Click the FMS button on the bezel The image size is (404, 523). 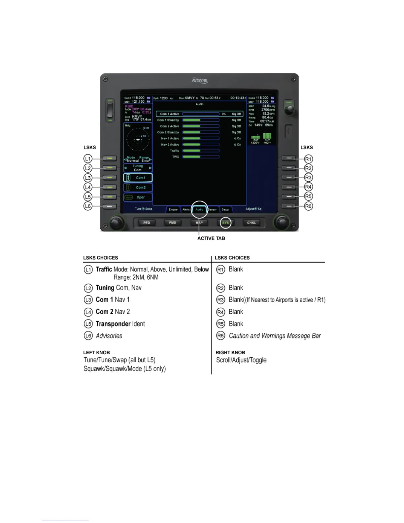[173, 223]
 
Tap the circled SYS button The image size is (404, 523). [225, 223]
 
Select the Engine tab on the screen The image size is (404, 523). [173, 210]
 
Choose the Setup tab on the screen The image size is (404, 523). [225, 210]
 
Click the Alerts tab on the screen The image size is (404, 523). [186, 210]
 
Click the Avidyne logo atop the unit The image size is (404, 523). [199, 81]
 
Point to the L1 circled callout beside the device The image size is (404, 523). [88, 159]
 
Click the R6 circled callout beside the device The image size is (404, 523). [308, 206]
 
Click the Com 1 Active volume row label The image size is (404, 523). [170, 114]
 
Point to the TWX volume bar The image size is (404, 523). [201, 157]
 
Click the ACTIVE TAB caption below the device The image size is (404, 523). [211, 238]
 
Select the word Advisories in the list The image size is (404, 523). [109, 336]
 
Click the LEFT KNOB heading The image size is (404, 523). [96, 353]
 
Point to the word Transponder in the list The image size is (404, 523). [113, 324]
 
